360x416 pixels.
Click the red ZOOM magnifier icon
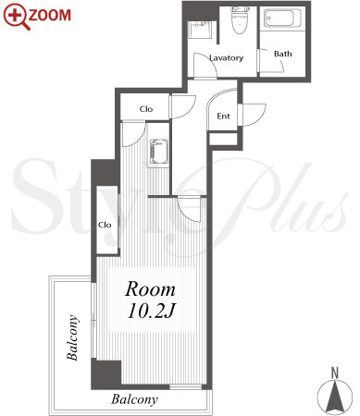point(16,16)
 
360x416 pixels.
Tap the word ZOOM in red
point(50,15)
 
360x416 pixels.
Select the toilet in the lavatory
point(241,20)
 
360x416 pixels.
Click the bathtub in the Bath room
point(282,18)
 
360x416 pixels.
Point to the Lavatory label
point(226,57)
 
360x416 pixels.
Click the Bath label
point(282,54)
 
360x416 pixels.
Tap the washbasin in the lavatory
point(199,30)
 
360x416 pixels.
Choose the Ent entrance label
point(223,116)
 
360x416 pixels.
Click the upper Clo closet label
point(146,109)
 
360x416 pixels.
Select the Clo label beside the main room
point(105,225)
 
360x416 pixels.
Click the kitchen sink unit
point(158,153)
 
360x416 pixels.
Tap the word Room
point(150,289)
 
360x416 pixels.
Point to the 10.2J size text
point(151,311)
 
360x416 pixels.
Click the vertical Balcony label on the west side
point(73,337)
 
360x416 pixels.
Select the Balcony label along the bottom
point(134,399)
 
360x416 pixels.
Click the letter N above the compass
point(335,373)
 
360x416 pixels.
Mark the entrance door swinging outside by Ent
point(253,115)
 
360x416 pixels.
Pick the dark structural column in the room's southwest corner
point(106,374)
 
